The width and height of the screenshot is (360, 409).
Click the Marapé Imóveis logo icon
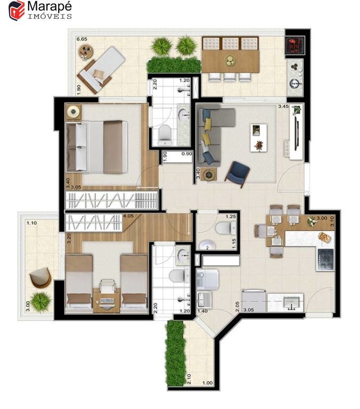click(x=17, y=10)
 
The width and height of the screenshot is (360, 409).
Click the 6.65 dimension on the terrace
click(x=81, y=39)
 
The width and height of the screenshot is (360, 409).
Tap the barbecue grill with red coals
click(x=295, y=45)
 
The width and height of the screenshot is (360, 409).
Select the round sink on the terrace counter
click(x=296, y=84)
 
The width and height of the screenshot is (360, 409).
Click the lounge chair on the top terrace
click(x=101, y=70)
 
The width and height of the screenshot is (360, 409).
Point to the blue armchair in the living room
click(x=238, y=174)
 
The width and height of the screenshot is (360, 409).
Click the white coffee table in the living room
click(x=258, y=137)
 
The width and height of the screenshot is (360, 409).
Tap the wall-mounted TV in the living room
click(x=296, y=133)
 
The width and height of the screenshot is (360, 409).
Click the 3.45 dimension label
click(x=283, y=107)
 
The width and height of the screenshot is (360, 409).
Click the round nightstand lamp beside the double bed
click(x=73, y=112)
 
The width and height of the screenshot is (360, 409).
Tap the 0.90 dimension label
click(x=187, y=153)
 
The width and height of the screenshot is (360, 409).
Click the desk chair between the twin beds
click(x=107, y=285)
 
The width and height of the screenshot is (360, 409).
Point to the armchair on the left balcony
click(x=40, y=277)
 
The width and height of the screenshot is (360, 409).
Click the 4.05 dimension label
click(x=128, y=216)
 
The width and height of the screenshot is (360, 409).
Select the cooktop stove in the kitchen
click(x=325, y=259)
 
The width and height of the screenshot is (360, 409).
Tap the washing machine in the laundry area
click(x=208, y=280)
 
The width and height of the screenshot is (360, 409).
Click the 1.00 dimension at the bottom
click(x=208, y=383)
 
